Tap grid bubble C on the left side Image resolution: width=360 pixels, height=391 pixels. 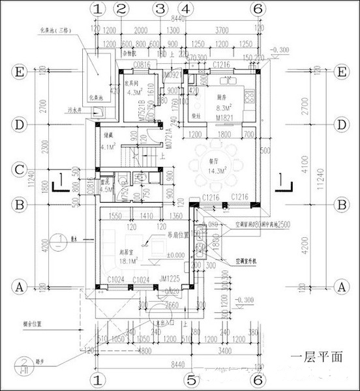20,170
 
